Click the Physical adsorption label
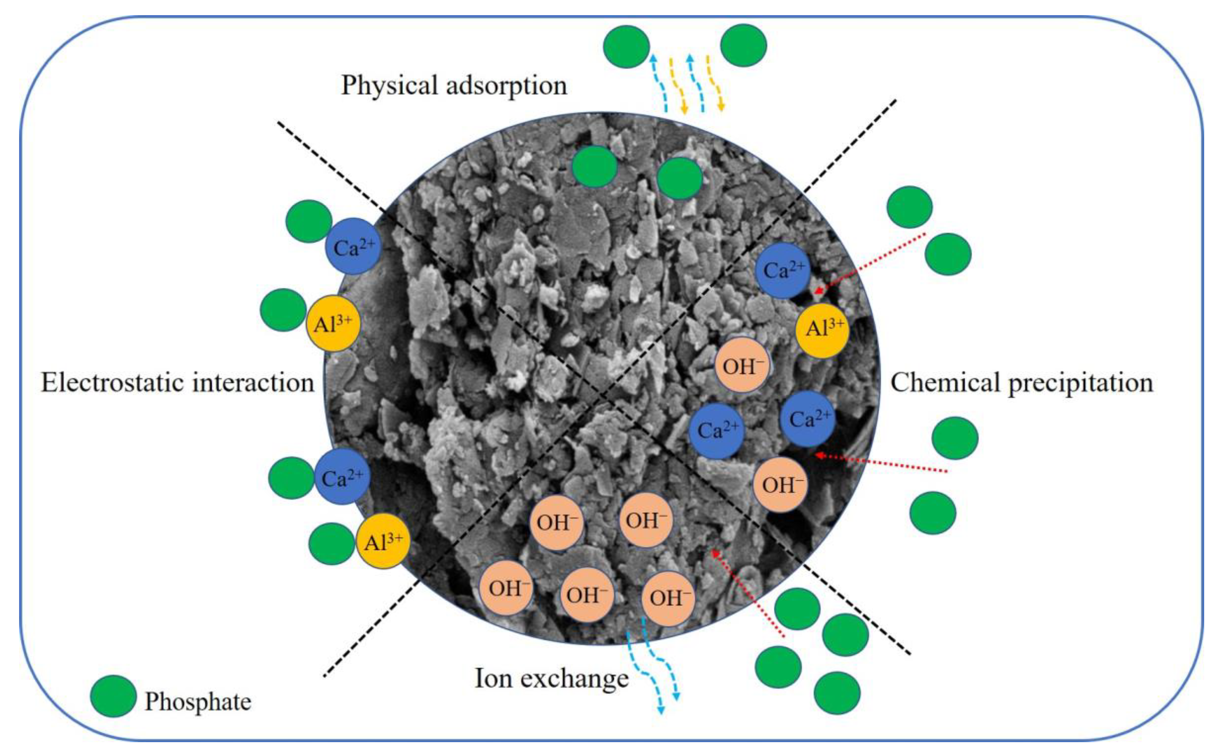click(x=454, y=86)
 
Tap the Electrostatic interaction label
click(x=177, y=383)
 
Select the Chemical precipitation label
click(x=1021, y=383)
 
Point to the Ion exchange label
click(x=551, y=678)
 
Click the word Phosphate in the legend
click(x=198, y=702)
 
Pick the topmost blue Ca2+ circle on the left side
click(x=353, y=246)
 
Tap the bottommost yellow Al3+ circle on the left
click(x=383, y=541)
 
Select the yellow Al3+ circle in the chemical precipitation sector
click(x=822, y=331)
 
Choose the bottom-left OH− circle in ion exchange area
click(x=506, y=588)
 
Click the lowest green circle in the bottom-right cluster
click(x=837, y=693)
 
